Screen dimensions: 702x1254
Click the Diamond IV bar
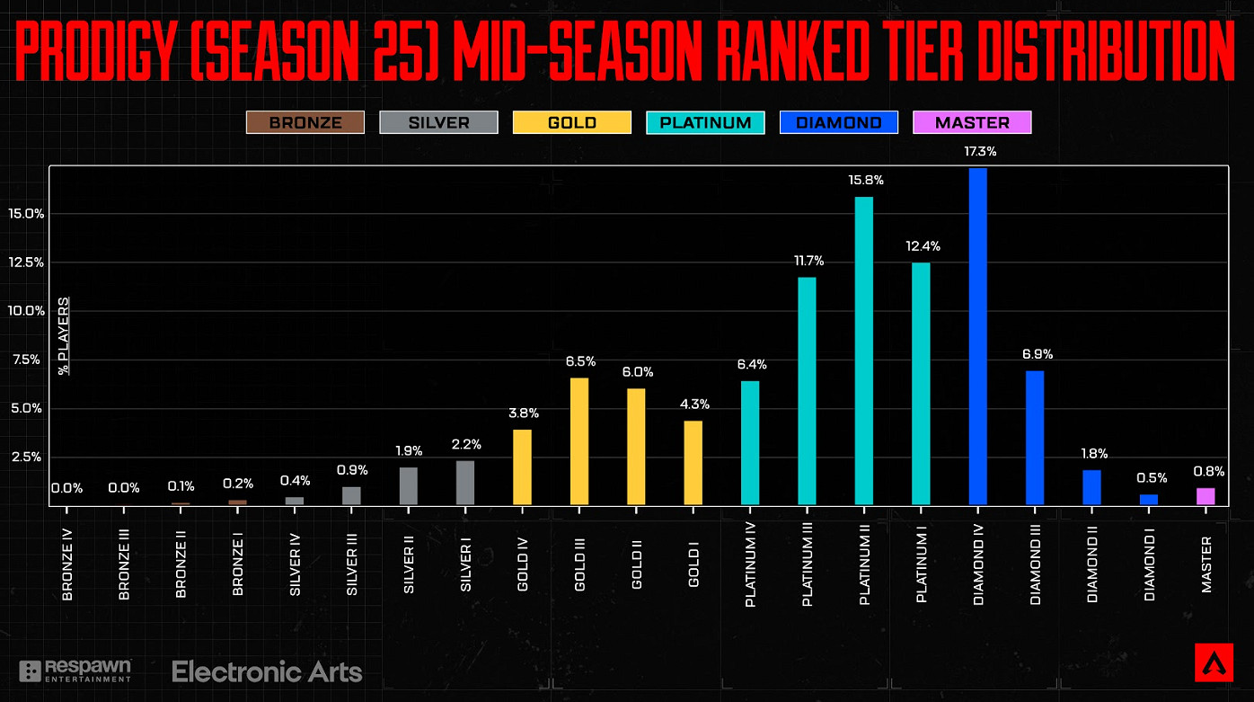[x=978, y=336]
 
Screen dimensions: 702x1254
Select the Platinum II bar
[x=864, y=351]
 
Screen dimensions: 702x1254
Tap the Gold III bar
[x=579, y=441]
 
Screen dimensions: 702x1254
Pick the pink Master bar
[x=1205, y=496]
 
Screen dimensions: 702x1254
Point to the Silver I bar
[x=465, y=483]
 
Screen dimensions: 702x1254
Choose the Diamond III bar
[x=1035, y=438]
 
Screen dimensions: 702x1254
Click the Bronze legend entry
[x=305, y=122]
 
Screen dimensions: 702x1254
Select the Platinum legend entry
[x=705, y=122]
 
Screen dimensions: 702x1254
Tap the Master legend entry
[x=972, y=122]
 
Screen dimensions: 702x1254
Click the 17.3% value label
[x=979, y=152]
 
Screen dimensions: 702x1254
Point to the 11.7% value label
[x=808, y=261]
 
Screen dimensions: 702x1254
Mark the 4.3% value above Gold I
[x=693, y=404]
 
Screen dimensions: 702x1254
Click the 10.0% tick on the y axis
[x=26, y=311]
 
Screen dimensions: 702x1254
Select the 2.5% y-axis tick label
[x=26, y=457]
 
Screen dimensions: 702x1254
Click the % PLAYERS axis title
[x=64, y=335]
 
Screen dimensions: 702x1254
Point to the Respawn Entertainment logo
[x=76, y=671]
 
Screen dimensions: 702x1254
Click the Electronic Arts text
[x=267, y=671]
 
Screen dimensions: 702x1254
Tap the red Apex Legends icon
[x=1213, y=662]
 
